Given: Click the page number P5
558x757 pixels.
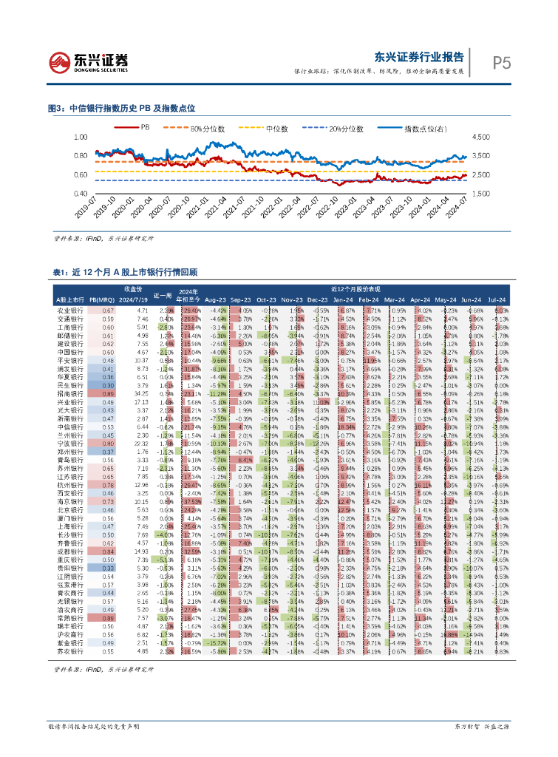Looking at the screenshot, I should [x=502, y=64].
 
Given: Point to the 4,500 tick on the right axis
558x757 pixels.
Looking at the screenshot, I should [x=480, y=138].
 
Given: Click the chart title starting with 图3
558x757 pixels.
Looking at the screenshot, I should [x=121, y=108].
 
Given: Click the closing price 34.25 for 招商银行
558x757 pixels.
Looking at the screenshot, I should [x=142, y=394].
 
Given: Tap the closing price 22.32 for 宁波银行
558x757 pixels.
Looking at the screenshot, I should [x=142, y=442].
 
